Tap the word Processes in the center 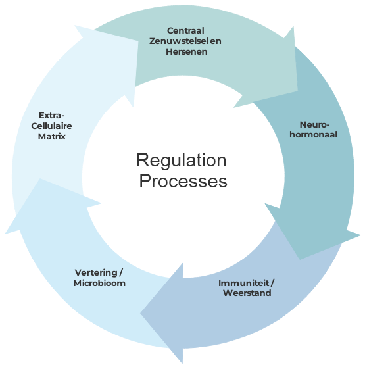183,181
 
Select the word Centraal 185,30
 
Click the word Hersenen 186,51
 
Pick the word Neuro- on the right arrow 314,124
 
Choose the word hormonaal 314,135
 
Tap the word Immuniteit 243,283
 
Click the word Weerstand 247,293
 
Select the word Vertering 96,272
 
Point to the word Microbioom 99,283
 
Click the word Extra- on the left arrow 51,116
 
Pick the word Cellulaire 51,126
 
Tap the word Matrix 51,136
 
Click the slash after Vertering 121,272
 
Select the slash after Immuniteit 272,283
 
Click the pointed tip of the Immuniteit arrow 141,313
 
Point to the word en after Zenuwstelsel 216,41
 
